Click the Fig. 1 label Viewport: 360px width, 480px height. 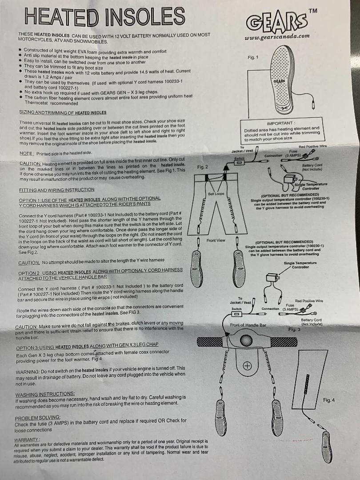pyautogui.click(x=253, y=57)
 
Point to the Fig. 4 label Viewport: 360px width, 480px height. pyautogui.click(x=329, y=400)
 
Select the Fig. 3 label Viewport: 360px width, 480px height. pyautogui.click(x=294, y=329)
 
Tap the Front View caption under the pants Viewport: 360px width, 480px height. pyautogui.click(x=216, y=240)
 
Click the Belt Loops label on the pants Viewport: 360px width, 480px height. pyautogui.click(x=216, y=194)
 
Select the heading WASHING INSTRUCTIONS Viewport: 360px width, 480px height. pyautogui.click(x=45, y=394)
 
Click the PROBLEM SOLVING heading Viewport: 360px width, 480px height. pyautogui.click(x=37, y=418)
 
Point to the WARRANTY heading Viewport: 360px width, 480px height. pyautogui.click(x=27, y=440)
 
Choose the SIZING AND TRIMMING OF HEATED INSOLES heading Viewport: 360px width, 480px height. pyautogui.click(x=63, y=112)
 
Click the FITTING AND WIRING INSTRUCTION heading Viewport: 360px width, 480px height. pyautogui.click(x=56, y=190)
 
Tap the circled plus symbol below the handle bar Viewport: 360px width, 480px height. pyautogui.click(x=247, y=366)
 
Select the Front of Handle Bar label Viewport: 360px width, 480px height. pyautogui.click(x=248, y=325)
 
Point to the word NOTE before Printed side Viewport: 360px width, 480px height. pyautogui.click(x=26, y=153)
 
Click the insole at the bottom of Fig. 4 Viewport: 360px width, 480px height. pyautogui.click(x=327, y=447)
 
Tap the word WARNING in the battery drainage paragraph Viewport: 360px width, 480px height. pyautogui.click(x=27, y=372)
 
